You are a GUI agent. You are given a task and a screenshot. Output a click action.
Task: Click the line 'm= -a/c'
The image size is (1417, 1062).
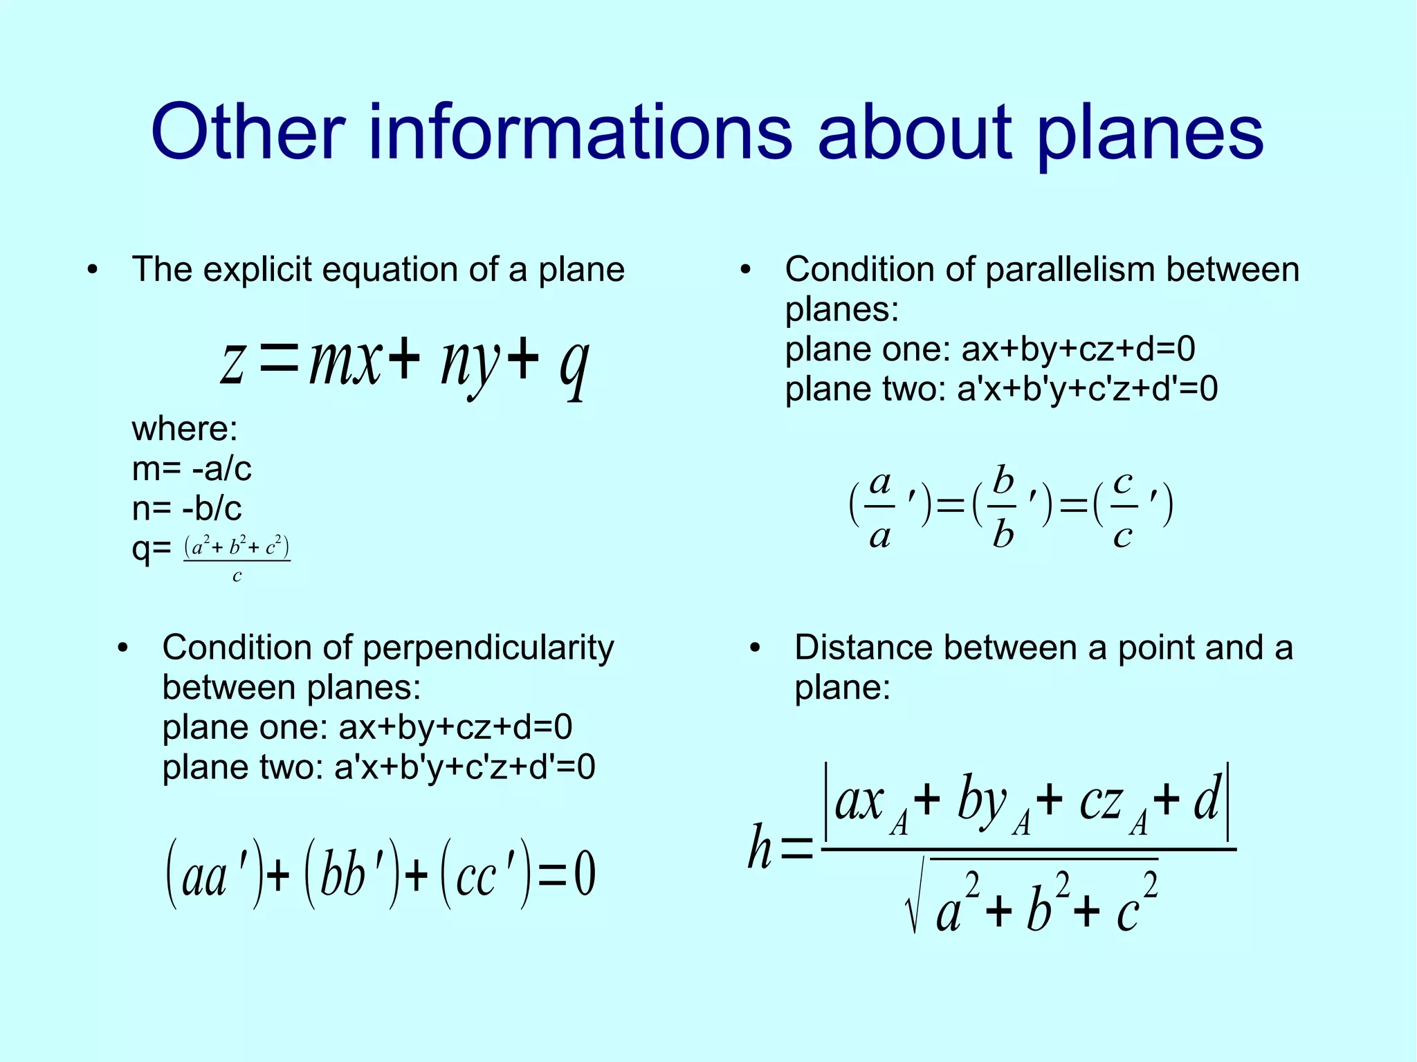(192, 469)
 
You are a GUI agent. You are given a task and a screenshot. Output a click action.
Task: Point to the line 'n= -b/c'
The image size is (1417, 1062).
(187, 509)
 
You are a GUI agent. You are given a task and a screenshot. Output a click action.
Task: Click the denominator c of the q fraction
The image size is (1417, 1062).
(237, 576)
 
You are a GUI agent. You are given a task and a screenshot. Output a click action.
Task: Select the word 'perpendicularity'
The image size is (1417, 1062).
(488, 648)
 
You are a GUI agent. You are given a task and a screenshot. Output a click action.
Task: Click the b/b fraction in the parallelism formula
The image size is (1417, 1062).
(1003, 506)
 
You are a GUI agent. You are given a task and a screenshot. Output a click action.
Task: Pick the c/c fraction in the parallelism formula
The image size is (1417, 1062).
(1122, 506)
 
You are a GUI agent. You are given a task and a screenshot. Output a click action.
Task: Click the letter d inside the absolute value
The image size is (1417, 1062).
(1207, 800)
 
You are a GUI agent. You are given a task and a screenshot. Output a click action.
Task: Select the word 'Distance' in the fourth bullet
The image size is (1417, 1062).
(864, 648)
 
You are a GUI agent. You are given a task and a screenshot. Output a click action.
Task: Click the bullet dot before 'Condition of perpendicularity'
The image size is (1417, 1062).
(123, 648)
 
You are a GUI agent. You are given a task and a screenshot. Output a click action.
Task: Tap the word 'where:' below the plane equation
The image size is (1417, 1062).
(185, 429)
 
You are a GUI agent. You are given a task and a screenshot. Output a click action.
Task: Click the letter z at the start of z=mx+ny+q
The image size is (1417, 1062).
(232, 365)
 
